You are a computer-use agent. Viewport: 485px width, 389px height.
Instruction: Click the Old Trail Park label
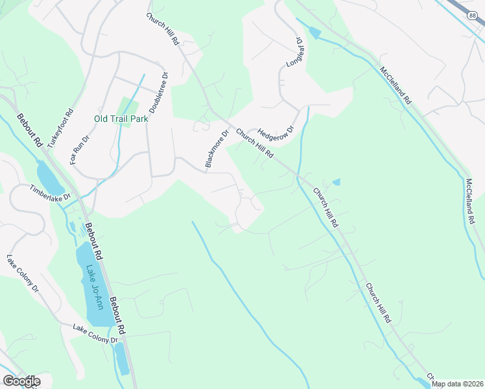(x=121, y=119)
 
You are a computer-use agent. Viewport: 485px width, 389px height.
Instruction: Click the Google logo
(x=21, y=381)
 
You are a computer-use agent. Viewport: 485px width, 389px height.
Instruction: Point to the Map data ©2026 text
(x=457, y=384)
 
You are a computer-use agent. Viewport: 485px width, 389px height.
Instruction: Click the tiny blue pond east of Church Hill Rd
(x=336, y=182)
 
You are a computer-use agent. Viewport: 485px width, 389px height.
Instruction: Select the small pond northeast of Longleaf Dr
(x=315, y=33)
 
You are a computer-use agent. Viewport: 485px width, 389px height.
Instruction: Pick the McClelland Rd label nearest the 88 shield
(x=396, y=86)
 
